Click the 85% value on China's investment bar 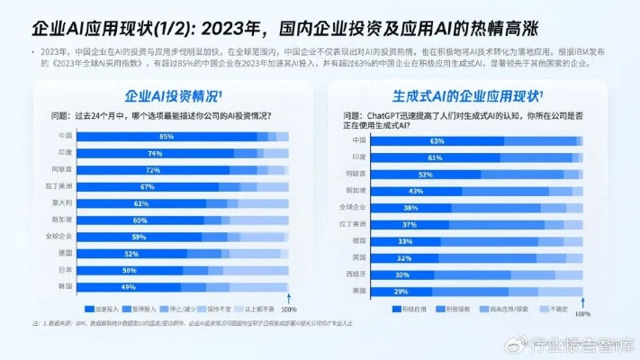167,137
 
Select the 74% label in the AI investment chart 155,154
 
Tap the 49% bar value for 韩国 129,287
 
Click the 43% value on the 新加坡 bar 416,191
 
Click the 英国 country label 358,257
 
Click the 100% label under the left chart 289,309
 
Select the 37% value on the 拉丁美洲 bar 410,224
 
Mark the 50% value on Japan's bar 130,270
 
